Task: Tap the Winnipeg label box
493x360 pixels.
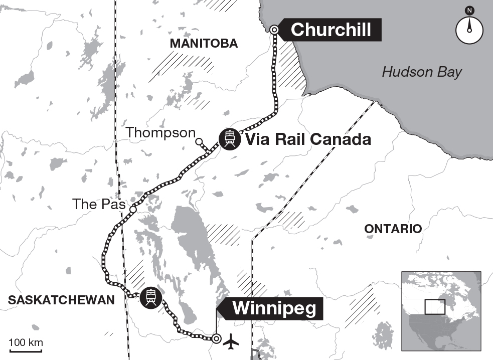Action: click(x=274, y=308)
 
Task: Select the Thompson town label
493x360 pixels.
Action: click(x=160, y=132)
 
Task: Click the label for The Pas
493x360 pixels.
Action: click(x=98, y=204)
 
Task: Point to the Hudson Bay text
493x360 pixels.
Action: click(x=421, y=72)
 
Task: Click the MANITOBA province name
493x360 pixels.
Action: click(x=204, y=44)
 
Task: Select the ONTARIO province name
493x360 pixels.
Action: click(x=393, y=229)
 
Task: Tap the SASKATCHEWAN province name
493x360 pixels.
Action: click(x=61, y=300)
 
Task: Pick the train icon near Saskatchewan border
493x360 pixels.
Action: click(x=150, y=297)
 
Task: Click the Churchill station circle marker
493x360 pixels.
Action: click(x=274, y=30)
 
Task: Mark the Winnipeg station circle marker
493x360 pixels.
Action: click(x=216, y=338)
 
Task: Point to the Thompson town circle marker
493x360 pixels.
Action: click(x=199, y=141)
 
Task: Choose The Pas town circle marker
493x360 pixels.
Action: click(x=133, y=209)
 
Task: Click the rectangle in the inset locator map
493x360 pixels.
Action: click(x=434, y=306)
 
